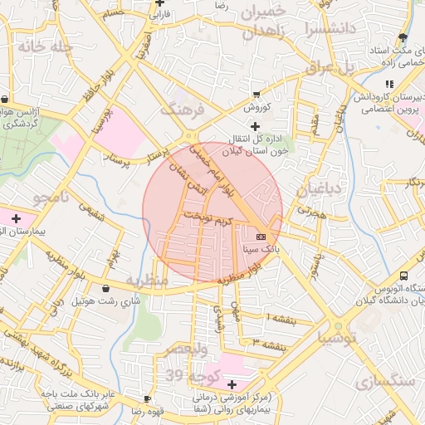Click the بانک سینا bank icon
261,237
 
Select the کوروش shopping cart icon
256,94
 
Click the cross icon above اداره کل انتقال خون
242,125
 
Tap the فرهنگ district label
181,109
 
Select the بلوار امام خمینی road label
212,173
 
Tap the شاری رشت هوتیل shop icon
105,288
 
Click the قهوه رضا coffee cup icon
148,398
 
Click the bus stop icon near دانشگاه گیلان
403,276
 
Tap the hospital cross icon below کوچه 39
232,384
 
